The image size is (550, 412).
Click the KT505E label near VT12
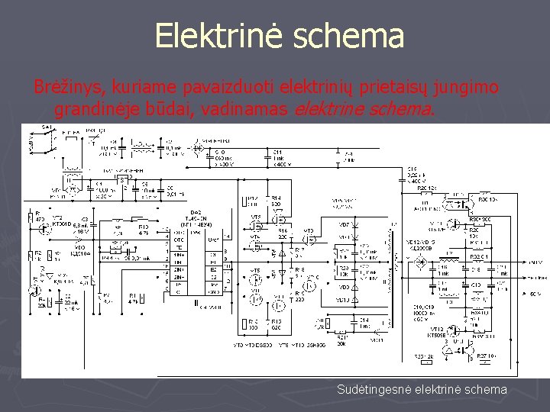(438, 334)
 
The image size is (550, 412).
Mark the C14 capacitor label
(364, 320)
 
